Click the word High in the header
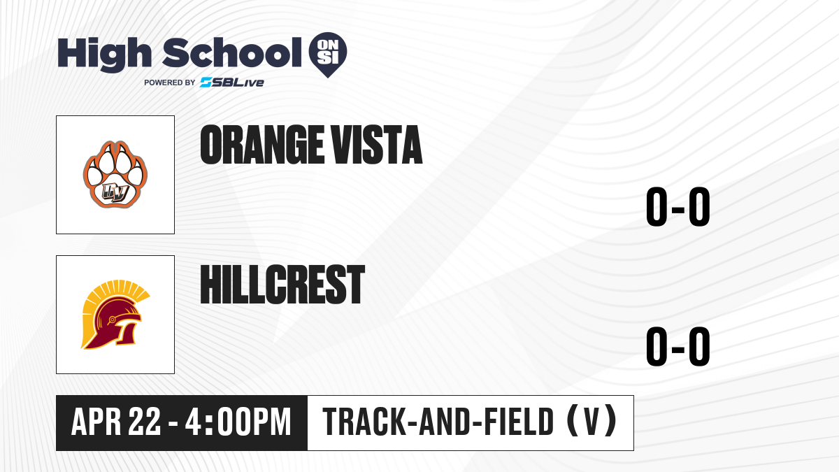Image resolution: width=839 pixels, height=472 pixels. tap(104, 54)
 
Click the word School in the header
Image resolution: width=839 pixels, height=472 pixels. tap(232, 52)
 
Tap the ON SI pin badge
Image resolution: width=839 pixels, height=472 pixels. tap(328, 55)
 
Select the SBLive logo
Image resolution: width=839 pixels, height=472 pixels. tap(232, 83)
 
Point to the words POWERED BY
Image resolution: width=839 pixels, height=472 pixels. tap(170, 83)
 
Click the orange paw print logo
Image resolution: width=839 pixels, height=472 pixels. tap(115, 175)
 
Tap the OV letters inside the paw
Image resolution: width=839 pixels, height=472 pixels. tap(115, 193)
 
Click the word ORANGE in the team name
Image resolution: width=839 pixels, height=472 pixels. tap(262, 145)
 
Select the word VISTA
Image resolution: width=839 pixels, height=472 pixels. tap(377, 145)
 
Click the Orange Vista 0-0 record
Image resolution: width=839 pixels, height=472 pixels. tap(678, 207)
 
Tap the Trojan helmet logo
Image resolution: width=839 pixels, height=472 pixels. tap(115, 315)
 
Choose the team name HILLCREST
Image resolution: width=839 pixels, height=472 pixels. tap(282, 285)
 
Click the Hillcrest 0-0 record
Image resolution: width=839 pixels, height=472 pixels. tap(678, 347)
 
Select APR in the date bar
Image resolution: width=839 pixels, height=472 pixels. tap(96, 422)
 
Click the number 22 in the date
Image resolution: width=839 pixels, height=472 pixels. tap(145, 422)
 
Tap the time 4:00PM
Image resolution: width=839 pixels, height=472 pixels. tap(238, 422)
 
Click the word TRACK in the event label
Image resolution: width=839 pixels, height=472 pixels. tap(364, 422)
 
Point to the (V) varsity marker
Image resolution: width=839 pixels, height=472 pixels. tap(591, 422)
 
